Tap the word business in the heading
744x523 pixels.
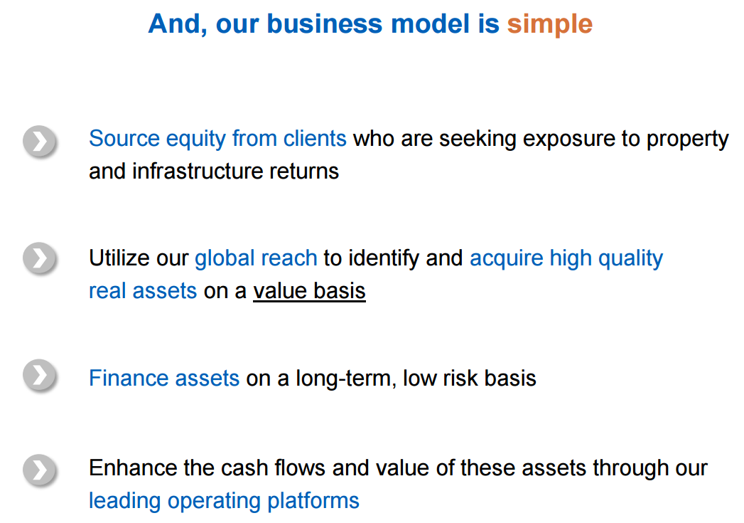pos(325,23)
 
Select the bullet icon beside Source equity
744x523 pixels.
pos(40,141)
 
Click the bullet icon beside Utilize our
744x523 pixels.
pos(40,258)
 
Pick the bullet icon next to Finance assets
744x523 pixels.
pos(40,375)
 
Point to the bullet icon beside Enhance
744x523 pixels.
pos(40,470)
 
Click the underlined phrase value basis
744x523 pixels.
pos(309,291)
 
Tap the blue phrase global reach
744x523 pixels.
pos(256,258)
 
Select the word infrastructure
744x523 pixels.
pos(198,171)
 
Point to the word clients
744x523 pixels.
pos(315,139)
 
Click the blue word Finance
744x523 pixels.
pos(129,378)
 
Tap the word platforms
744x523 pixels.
pos(313,501)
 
